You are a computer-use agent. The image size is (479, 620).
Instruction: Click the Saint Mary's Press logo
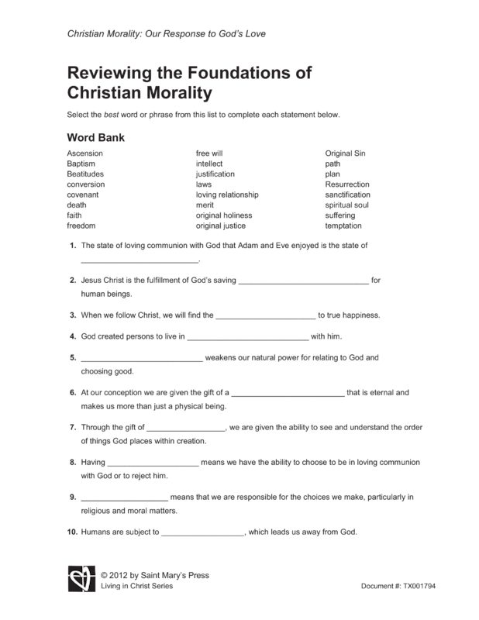(81, 578)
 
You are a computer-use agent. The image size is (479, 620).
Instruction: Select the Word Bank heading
(96, 137)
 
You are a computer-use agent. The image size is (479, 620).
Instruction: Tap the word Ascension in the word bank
(84, 153)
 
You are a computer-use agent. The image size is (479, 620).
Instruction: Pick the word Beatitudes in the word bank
(85, 174)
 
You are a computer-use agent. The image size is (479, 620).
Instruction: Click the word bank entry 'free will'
(208, 153)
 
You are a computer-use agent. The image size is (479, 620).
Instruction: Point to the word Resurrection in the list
(347, 184)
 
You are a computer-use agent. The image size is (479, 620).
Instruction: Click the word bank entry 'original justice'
(220, 226)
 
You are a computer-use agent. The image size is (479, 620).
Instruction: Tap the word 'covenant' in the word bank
(83, 195)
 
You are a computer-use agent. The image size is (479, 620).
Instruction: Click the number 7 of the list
(72, 427)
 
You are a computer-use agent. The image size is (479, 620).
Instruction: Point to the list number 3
(72, 315)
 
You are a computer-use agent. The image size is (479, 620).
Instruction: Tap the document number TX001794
(419, 586)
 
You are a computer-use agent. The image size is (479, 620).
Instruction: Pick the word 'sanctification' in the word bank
(348, 195)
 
